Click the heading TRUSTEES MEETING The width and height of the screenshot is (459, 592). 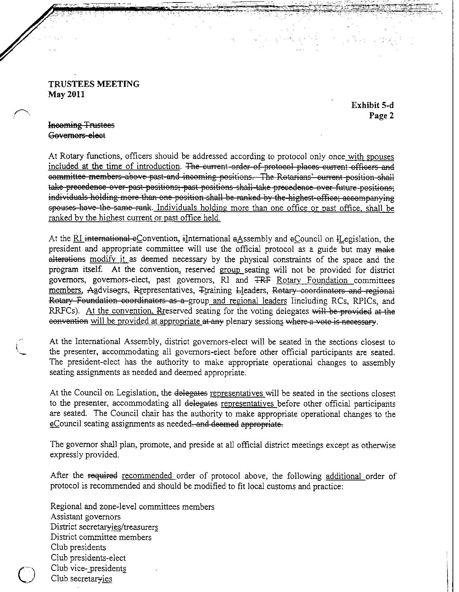(x=94, y=84)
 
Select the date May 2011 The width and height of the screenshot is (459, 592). (x=66, y=95)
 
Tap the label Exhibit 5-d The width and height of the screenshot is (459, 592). (x=372, y=105)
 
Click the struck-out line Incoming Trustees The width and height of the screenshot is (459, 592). (x=81, y=125)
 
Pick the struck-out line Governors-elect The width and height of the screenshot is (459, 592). (x=77, y=135)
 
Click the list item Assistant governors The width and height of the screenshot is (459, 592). (x=85, y=517)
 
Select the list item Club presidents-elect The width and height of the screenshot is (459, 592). (x=88, y=558)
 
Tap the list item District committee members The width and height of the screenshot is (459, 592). (x=101, y=537)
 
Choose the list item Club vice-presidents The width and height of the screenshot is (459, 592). (x=88, y=568)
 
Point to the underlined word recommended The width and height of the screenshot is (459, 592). (x=147, y=476)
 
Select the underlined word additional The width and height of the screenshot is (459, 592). (x=344, y=476)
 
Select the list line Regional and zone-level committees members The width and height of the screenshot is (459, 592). (x=132, y=507)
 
